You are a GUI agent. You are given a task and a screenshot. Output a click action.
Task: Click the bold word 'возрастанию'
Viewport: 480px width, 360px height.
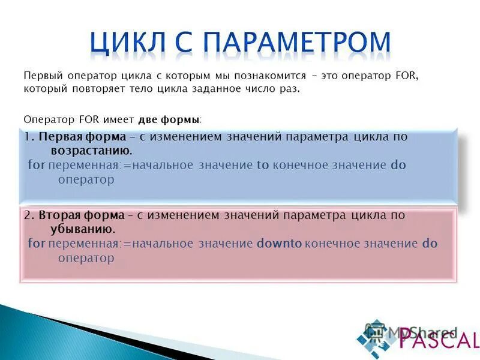[x=86, y=150]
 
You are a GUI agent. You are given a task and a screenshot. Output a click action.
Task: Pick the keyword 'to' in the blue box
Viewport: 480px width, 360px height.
[x=263, y=166]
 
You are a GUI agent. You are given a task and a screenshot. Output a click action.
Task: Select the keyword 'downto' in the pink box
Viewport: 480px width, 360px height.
[x=279, y=244]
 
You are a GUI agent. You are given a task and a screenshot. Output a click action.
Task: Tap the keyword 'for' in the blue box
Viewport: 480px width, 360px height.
[x=37, y=165]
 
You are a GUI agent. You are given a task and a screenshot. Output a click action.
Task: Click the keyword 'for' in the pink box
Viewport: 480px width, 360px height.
[x=37, y=244]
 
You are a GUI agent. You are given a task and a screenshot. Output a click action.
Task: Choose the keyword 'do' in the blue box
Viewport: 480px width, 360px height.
[x=398, y=165]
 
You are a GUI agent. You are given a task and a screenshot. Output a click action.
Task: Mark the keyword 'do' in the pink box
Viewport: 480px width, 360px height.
[x=430, y=244]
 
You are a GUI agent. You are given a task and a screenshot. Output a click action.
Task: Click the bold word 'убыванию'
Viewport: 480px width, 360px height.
[x=77, y=229]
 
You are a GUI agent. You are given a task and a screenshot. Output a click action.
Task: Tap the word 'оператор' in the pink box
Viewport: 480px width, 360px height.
[x=86, y=258]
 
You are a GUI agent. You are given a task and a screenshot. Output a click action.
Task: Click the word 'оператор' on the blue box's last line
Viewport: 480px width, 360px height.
[x=86, y=179]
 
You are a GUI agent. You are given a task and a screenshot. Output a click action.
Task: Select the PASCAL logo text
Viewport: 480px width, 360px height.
[x=439, y=340]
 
